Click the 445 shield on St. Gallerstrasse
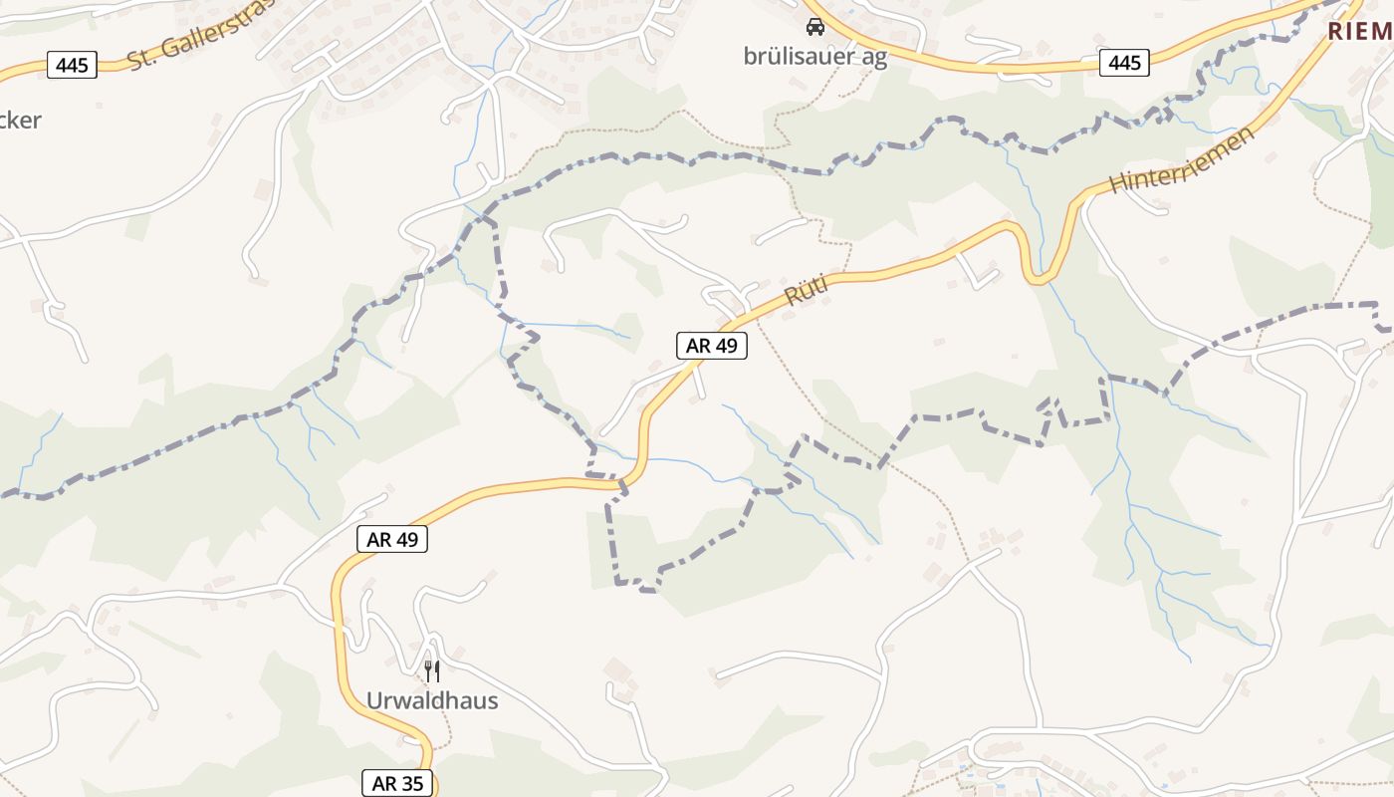72,66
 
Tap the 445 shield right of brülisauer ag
1124,63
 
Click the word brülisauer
790,57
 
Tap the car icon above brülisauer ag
814,27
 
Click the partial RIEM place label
1359,31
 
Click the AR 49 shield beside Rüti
712,346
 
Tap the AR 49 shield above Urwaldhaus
392,540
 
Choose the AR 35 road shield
397,784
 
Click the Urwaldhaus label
431,700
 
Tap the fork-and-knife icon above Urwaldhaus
431,670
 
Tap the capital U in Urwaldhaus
374,700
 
